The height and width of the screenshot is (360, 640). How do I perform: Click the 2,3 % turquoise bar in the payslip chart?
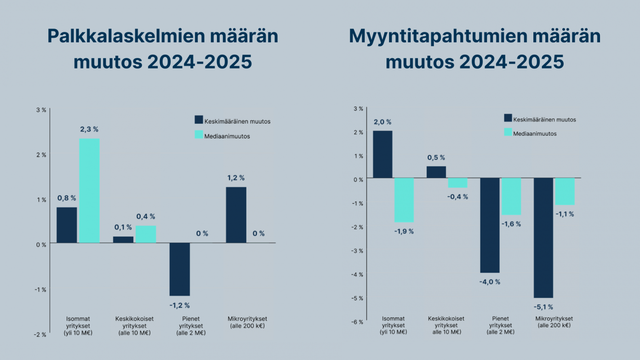(89, 190)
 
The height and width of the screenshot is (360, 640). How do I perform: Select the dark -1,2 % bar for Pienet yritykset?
(180, 269)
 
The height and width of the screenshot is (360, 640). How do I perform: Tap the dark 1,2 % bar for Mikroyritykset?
(236, 215)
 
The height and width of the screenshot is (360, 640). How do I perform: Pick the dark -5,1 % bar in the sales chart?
(543, 238)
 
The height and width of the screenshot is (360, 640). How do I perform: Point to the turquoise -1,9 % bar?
(404, 200)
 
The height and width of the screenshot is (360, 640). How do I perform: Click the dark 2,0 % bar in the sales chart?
(383, 154)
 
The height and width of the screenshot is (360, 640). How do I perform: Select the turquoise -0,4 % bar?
(458, 183)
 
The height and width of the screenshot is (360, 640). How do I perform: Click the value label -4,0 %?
(490, 282)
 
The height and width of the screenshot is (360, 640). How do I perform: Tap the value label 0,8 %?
(67, 198)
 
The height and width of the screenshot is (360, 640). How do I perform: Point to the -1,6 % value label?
(511, 224)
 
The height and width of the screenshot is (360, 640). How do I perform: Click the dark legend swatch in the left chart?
(199, 120)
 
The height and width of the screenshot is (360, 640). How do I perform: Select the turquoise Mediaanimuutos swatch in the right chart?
(508, 132)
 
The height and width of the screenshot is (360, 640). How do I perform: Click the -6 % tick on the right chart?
(358, 322)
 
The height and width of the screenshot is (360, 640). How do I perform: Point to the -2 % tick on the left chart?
(40, 334)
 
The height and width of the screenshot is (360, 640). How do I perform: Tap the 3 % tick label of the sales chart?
(359, 109)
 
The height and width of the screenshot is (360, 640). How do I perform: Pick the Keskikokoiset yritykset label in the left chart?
(134, 326)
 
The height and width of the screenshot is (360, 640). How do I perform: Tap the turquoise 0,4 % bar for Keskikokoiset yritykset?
(146, 234)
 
